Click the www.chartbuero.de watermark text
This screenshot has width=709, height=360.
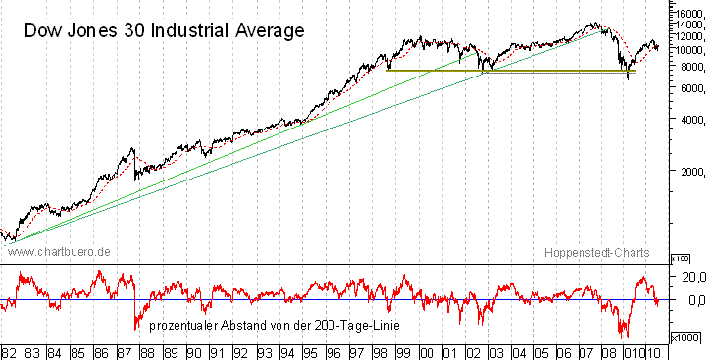pos(58,252)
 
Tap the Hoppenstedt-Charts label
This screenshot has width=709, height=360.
pos(597,252)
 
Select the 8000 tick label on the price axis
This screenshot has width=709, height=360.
pos(685,67)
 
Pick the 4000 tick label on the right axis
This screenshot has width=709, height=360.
pos(685,120)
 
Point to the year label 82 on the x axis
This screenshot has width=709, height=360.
pos(10,351)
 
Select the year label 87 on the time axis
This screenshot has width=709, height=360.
pos(126,351)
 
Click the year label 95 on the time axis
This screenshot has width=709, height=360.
pos(311,351)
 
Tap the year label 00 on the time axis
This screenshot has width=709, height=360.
pos(427,351)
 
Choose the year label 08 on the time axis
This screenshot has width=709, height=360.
pos(612,351)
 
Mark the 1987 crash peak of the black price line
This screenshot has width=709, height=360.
pos(132,148)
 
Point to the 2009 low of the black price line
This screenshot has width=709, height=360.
pos(628,77)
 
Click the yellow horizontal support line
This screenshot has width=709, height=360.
pos(510,71)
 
